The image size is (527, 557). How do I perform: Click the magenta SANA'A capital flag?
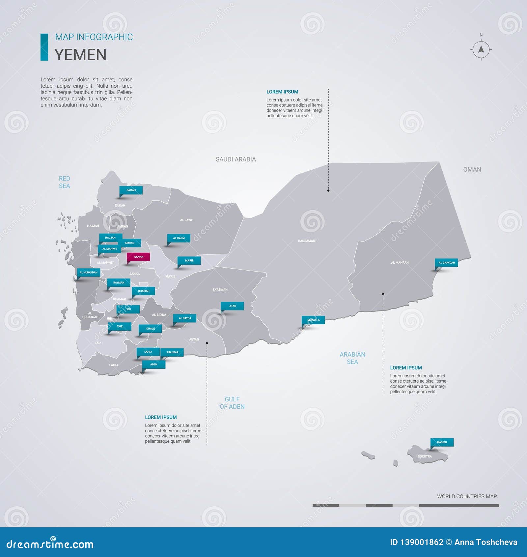pos(138,257)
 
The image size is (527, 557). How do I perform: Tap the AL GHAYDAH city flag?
pos(446,263)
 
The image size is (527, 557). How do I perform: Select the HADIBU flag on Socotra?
pos(442,442)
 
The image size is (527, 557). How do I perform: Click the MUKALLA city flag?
pos(313,320)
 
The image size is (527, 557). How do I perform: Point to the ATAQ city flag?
pos(233,306)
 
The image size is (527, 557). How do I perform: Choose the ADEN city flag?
pos(153,364)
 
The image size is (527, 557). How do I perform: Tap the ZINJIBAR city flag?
pos(172,352)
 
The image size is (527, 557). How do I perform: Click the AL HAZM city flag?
pos(179,238)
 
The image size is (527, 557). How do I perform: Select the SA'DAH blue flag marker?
pos(131,190)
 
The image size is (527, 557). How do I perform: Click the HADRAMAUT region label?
pos(307,241)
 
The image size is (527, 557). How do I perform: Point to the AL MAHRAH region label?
pos(400,263)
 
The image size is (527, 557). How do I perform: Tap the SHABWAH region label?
pos(220,290)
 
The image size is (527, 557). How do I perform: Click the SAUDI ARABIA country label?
pos(236,160)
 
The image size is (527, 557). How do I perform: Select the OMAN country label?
pos(472,170)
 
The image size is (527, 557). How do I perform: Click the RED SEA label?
pos(64,182)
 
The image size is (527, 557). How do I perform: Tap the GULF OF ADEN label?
pos(232,403)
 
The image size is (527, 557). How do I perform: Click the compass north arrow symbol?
pos(481,49)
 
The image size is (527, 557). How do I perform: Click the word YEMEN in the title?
pos(80,55)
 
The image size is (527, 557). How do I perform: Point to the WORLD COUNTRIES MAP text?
pos(467,496)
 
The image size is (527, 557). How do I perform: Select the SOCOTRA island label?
pos(425,456)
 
